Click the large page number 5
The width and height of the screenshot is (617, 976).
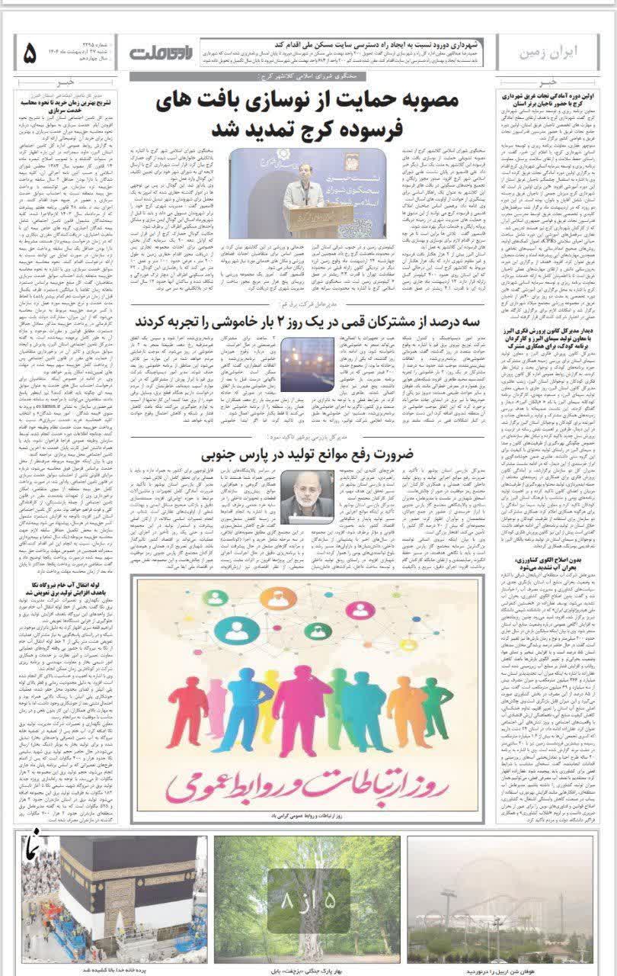30,53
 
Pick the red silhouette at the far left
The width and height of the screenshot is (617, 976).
186,705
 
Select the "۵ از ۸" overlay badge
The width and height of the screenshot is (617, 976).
308,900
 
